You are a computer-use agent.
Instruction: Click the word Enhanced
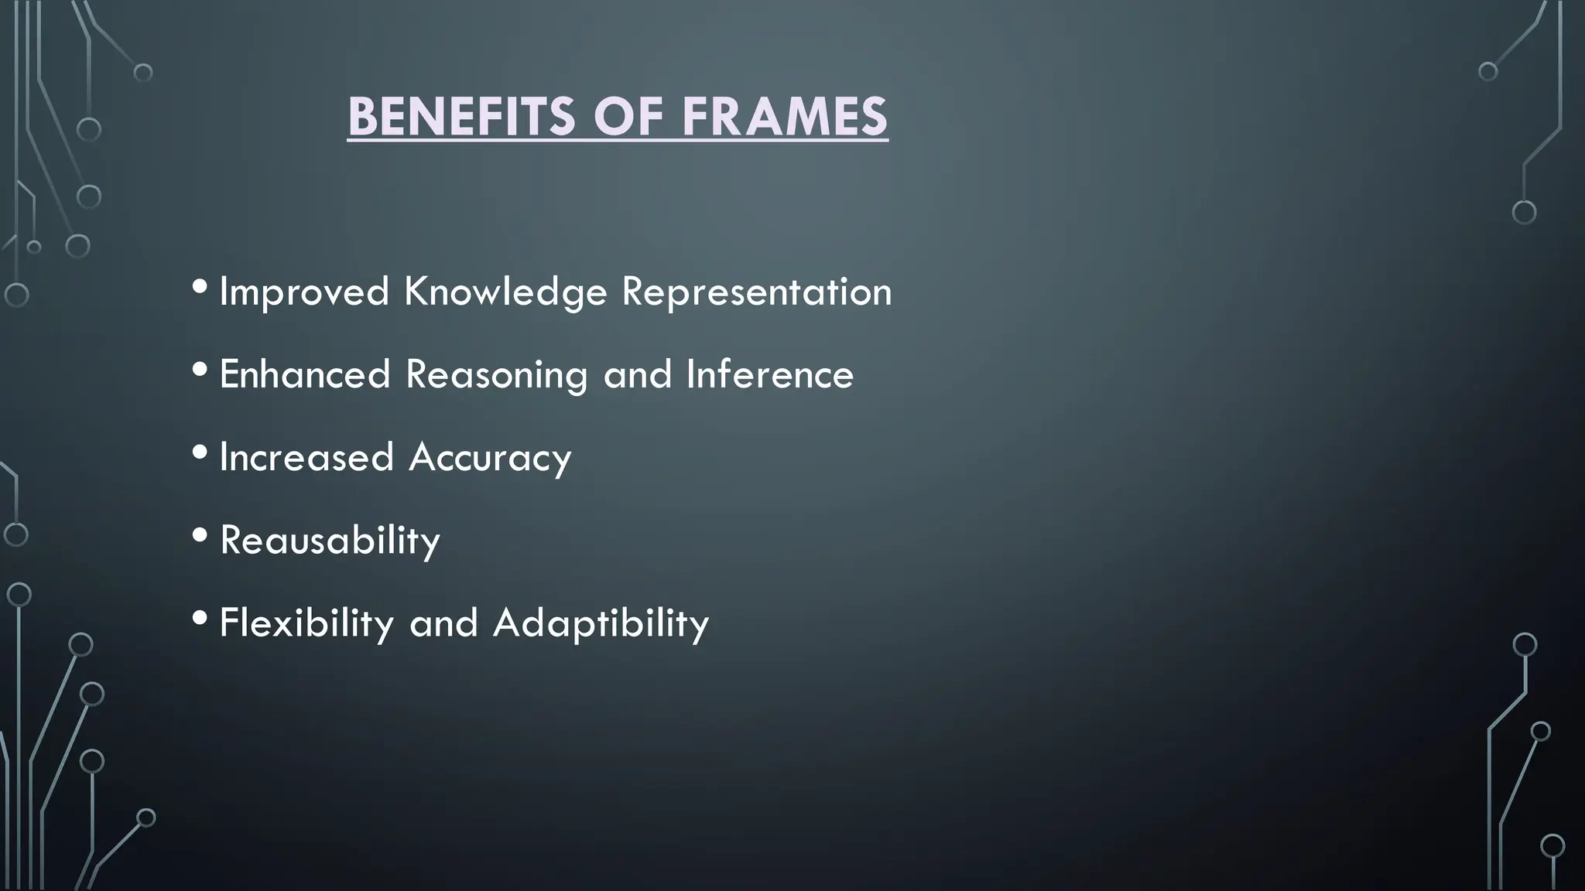pos(305,375)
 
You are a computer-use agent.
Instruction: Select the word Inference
pos(769,375)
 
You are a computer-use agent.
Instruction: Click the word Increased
pos(306,457)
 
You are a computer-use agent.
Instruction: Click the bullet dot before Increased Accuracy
pos(200,452)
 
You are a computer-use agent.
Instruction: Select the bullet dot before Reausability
pos(200,535)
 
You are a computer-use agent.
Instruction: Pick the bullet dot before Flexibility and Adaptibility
pos(200,618)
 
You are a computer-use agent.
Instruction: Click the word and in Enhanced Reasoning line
pos(637,375)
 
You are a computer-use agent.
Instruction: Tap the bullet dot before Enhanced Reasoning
pos(200,370)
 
